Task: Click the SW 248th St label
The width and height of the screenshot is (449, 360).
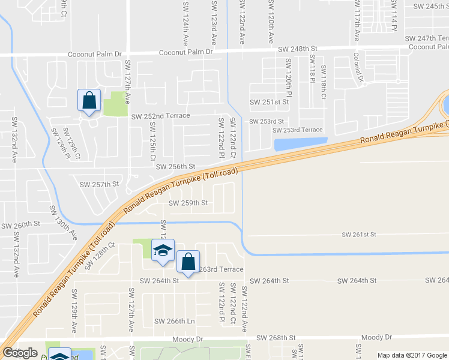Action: [297, 49]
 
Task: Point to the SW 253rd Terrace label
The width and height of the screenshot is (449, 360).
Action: [297, 130]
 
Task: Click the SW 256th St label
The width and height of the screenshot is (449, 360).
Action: [176, 166]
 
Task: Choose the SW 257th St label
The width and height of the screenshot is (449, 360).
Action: [100, 184]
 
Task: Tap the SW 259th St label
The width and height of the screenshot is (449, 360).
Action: [188, 203]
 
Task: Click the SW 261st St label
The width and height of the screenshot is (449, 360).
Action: [359, 234]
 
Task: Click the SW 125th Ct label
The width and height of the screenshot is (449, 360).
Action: [152, 138]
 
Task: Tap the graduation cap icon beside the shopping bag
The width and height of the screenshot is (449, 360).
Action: [162, 251]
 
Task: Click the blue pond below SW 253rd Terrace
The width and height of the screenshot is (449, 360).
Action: [300, 144]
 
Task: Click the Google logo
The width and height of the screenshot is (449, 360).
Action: [20, 353]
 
